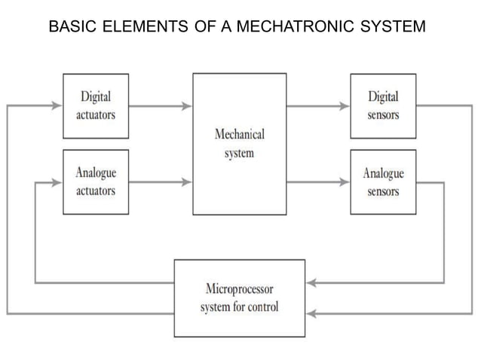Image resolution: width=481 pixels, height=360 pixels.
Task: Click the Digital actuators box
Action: click(x=95, y=105)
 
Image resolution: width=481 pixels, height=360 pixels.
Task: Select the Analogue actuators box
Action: click(x=95, y=182)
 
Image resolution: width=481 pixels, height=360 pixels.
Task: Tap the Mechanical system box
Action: click(x=239, y=144)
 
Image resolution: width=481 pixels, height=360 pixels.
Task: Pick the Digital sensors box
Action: click(x=383, y=105)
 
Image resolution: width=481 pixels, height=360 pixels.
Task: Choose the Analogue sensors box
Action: click(x=383, y=182)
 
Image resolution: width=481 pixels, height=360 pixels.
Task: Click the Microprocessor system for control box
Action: click(x=239, y=297)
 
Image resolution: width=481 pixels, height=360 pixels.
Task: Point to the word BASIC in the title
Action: click(x=71, y=28)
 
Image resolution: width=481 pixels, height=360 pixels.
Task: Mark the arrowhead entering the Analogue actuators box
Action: click(x=57, y=182)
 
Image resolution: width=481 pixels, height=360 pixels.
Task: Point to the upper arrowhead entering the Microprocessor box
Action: click(x=311, y=284)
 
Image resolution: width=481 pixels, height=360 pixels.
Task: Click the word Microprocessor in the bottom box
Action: click(x=239, y=289)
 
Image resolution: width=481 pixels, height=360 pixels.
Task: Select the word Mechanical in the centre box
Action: click(x=239, y=136)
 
